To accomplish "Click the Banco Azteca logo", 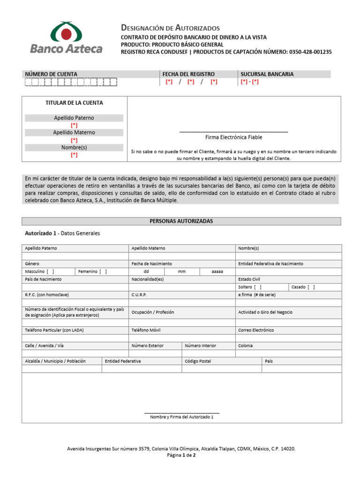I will tap(66, 38).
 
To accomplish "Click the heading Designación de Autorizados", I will tap(170, 28).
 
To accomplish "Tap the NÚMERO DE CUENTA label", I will tap(51, 74).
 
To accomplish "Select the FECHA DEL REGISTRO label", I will tap(188, 74).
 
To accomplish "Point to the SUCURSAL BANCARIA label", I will tap(267, 74).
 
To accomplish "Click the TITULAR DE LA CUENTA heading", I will tap(74, 103).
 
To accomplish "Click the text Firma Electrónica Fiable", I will tap(233, 137).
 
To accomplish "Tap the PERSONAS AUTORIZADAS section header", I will tap(181, 221).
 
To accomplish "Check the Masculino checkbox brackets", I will tap(50, 271).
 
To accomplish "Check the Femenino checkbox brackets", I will tap(103, 271).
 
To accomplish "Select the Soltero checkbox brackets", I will tap(258, 287).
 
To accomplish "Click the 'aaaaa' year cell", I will tap(217, 271).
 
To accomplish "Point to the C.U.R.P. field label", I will tap(139, 295).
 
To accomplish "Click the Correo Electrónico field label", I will tap(256, 330).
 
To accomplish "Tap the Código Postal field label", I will tap(198, 361).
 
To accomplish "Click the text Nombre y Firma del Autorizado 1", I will tap(181, 417).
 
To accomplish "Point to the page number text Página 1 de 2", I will tap(181, 455).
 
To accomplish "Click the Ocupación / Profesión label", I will tap(153, 312).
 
